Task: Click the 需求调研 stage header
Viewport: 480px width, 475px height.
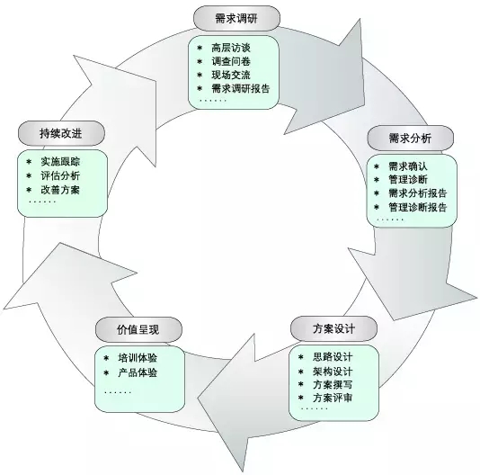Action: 236,18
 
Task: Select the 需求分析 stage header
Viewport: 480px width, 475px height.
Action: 410,138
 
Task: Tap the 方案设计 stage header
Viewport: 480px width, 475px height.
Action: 333,328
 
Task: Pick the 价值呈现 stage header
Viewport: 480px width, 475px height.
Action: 138,329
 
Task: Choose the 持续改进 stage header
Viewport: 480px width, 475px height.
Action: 61,133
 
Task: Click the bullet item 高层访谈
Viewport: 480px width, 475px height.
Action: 231,48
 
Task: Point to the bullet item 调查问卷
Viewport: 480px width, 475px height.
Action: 231,61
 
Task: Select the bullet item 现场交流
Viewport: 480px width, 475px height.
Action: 231,75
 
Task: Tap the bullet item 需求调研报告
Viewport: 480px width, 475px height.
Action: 241,88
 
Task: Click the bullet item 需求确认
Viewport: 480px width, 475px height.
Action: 408,166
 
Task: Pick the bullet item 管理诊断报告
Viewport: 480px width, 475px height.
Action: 418,207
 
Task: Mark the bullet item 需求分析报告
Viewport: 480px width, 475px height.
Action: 418,193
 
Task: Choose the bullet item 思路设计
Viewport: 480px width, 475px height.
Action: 333,357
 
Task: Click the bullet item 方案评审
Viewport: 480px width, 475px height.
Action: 333,398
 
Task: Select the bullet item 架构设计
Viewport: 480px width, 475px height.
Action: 333,372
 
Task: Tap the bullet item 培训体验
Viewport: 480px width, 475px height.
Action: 138,358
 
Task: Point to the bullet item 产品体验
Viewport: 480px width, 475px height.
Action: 138,372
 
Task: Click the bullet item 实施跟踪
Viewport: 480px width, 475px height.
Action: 60,162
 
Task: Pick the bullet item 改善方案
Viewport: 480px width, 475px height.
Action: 60,190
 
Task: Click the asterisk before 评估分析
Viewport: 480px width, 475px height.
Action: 29,175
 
